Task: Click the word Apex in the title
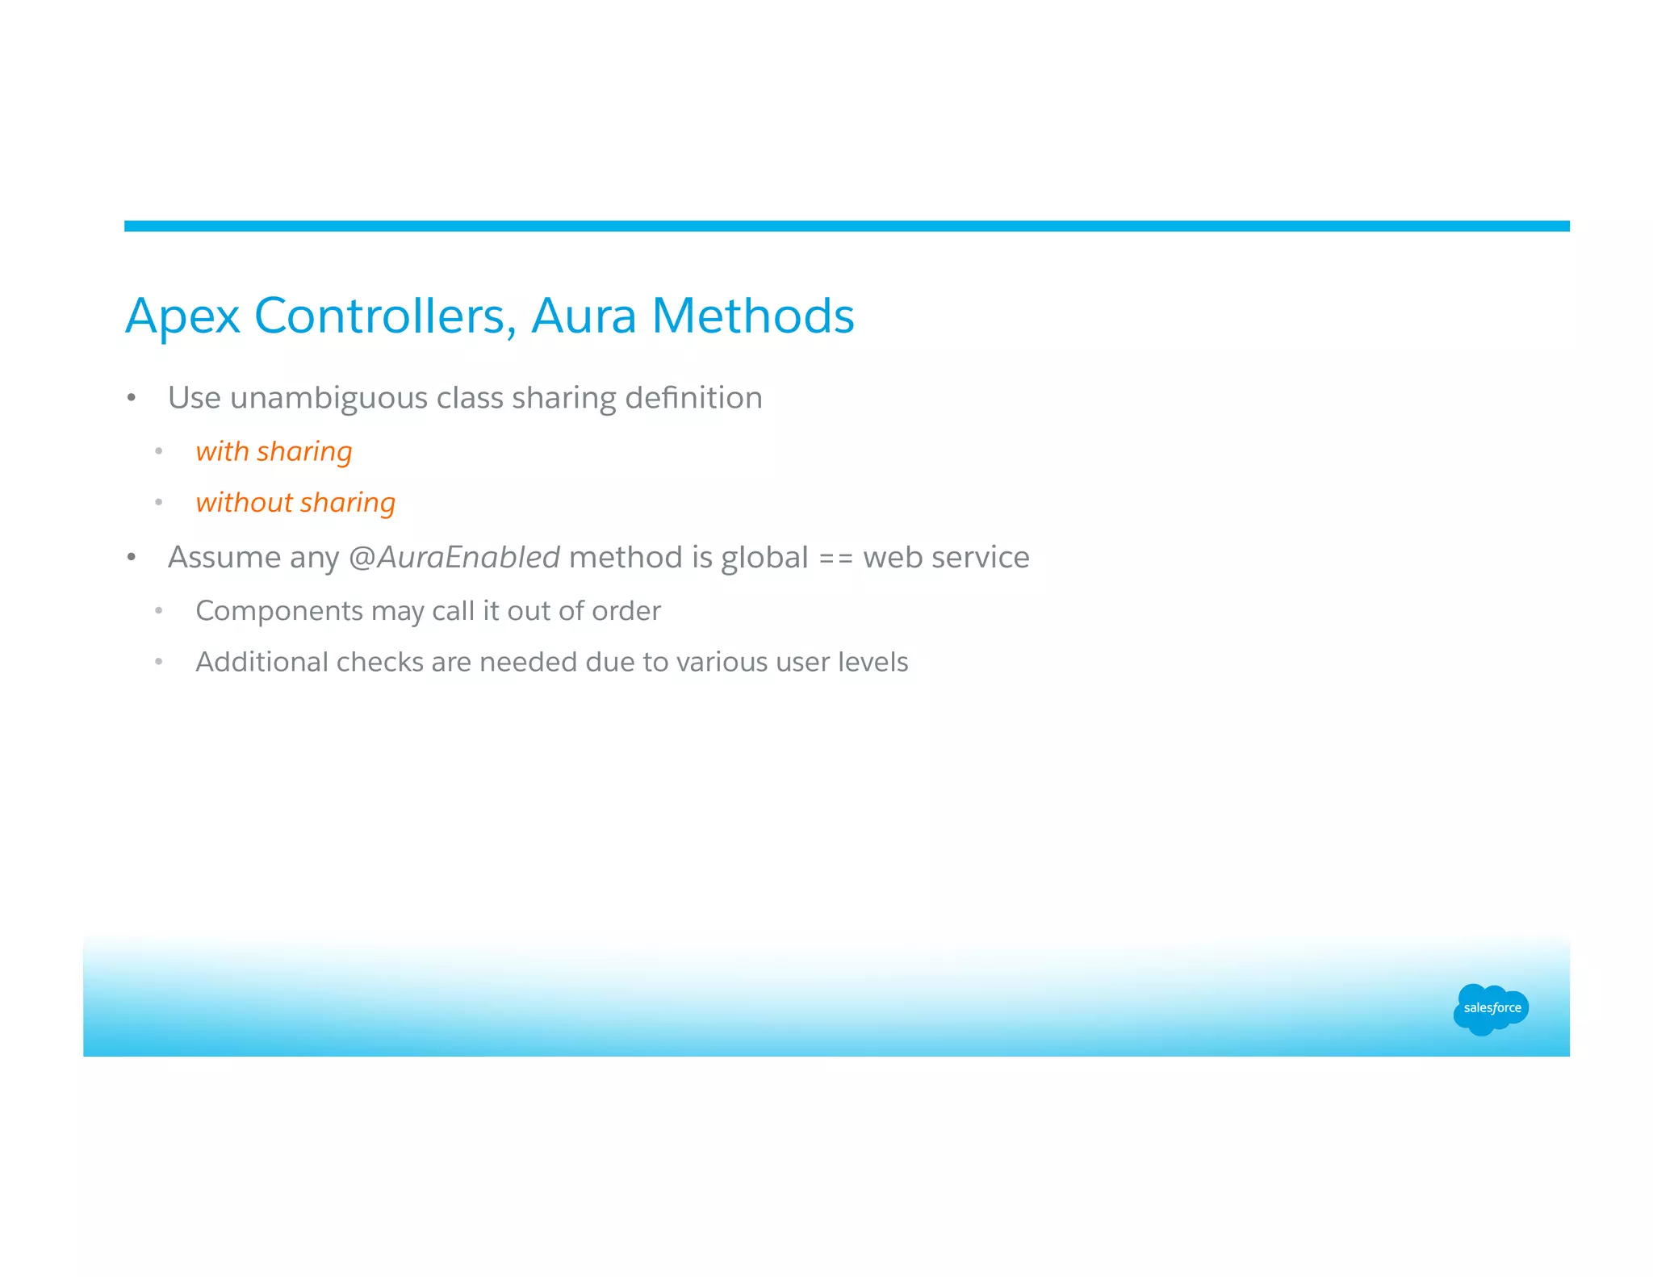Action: (x=182, y=316)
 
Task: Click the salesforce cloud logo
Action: (x=1491, y=1008)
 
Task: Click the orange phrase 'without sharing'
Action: (x=295, y=503)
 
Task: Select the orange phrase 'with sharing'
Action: (x=274, y=451)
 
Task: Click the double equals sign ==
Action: (x=835, y=559)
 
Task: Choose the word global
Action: (x=764, y=559)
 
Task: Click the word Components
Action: (x=278, y=611)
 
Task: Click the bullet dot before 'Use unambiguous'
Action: (x=132, y=398)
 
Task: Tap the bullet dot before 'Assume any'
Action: (x=132, y=558)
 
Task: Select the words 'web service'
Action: (x=946, y=558)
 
